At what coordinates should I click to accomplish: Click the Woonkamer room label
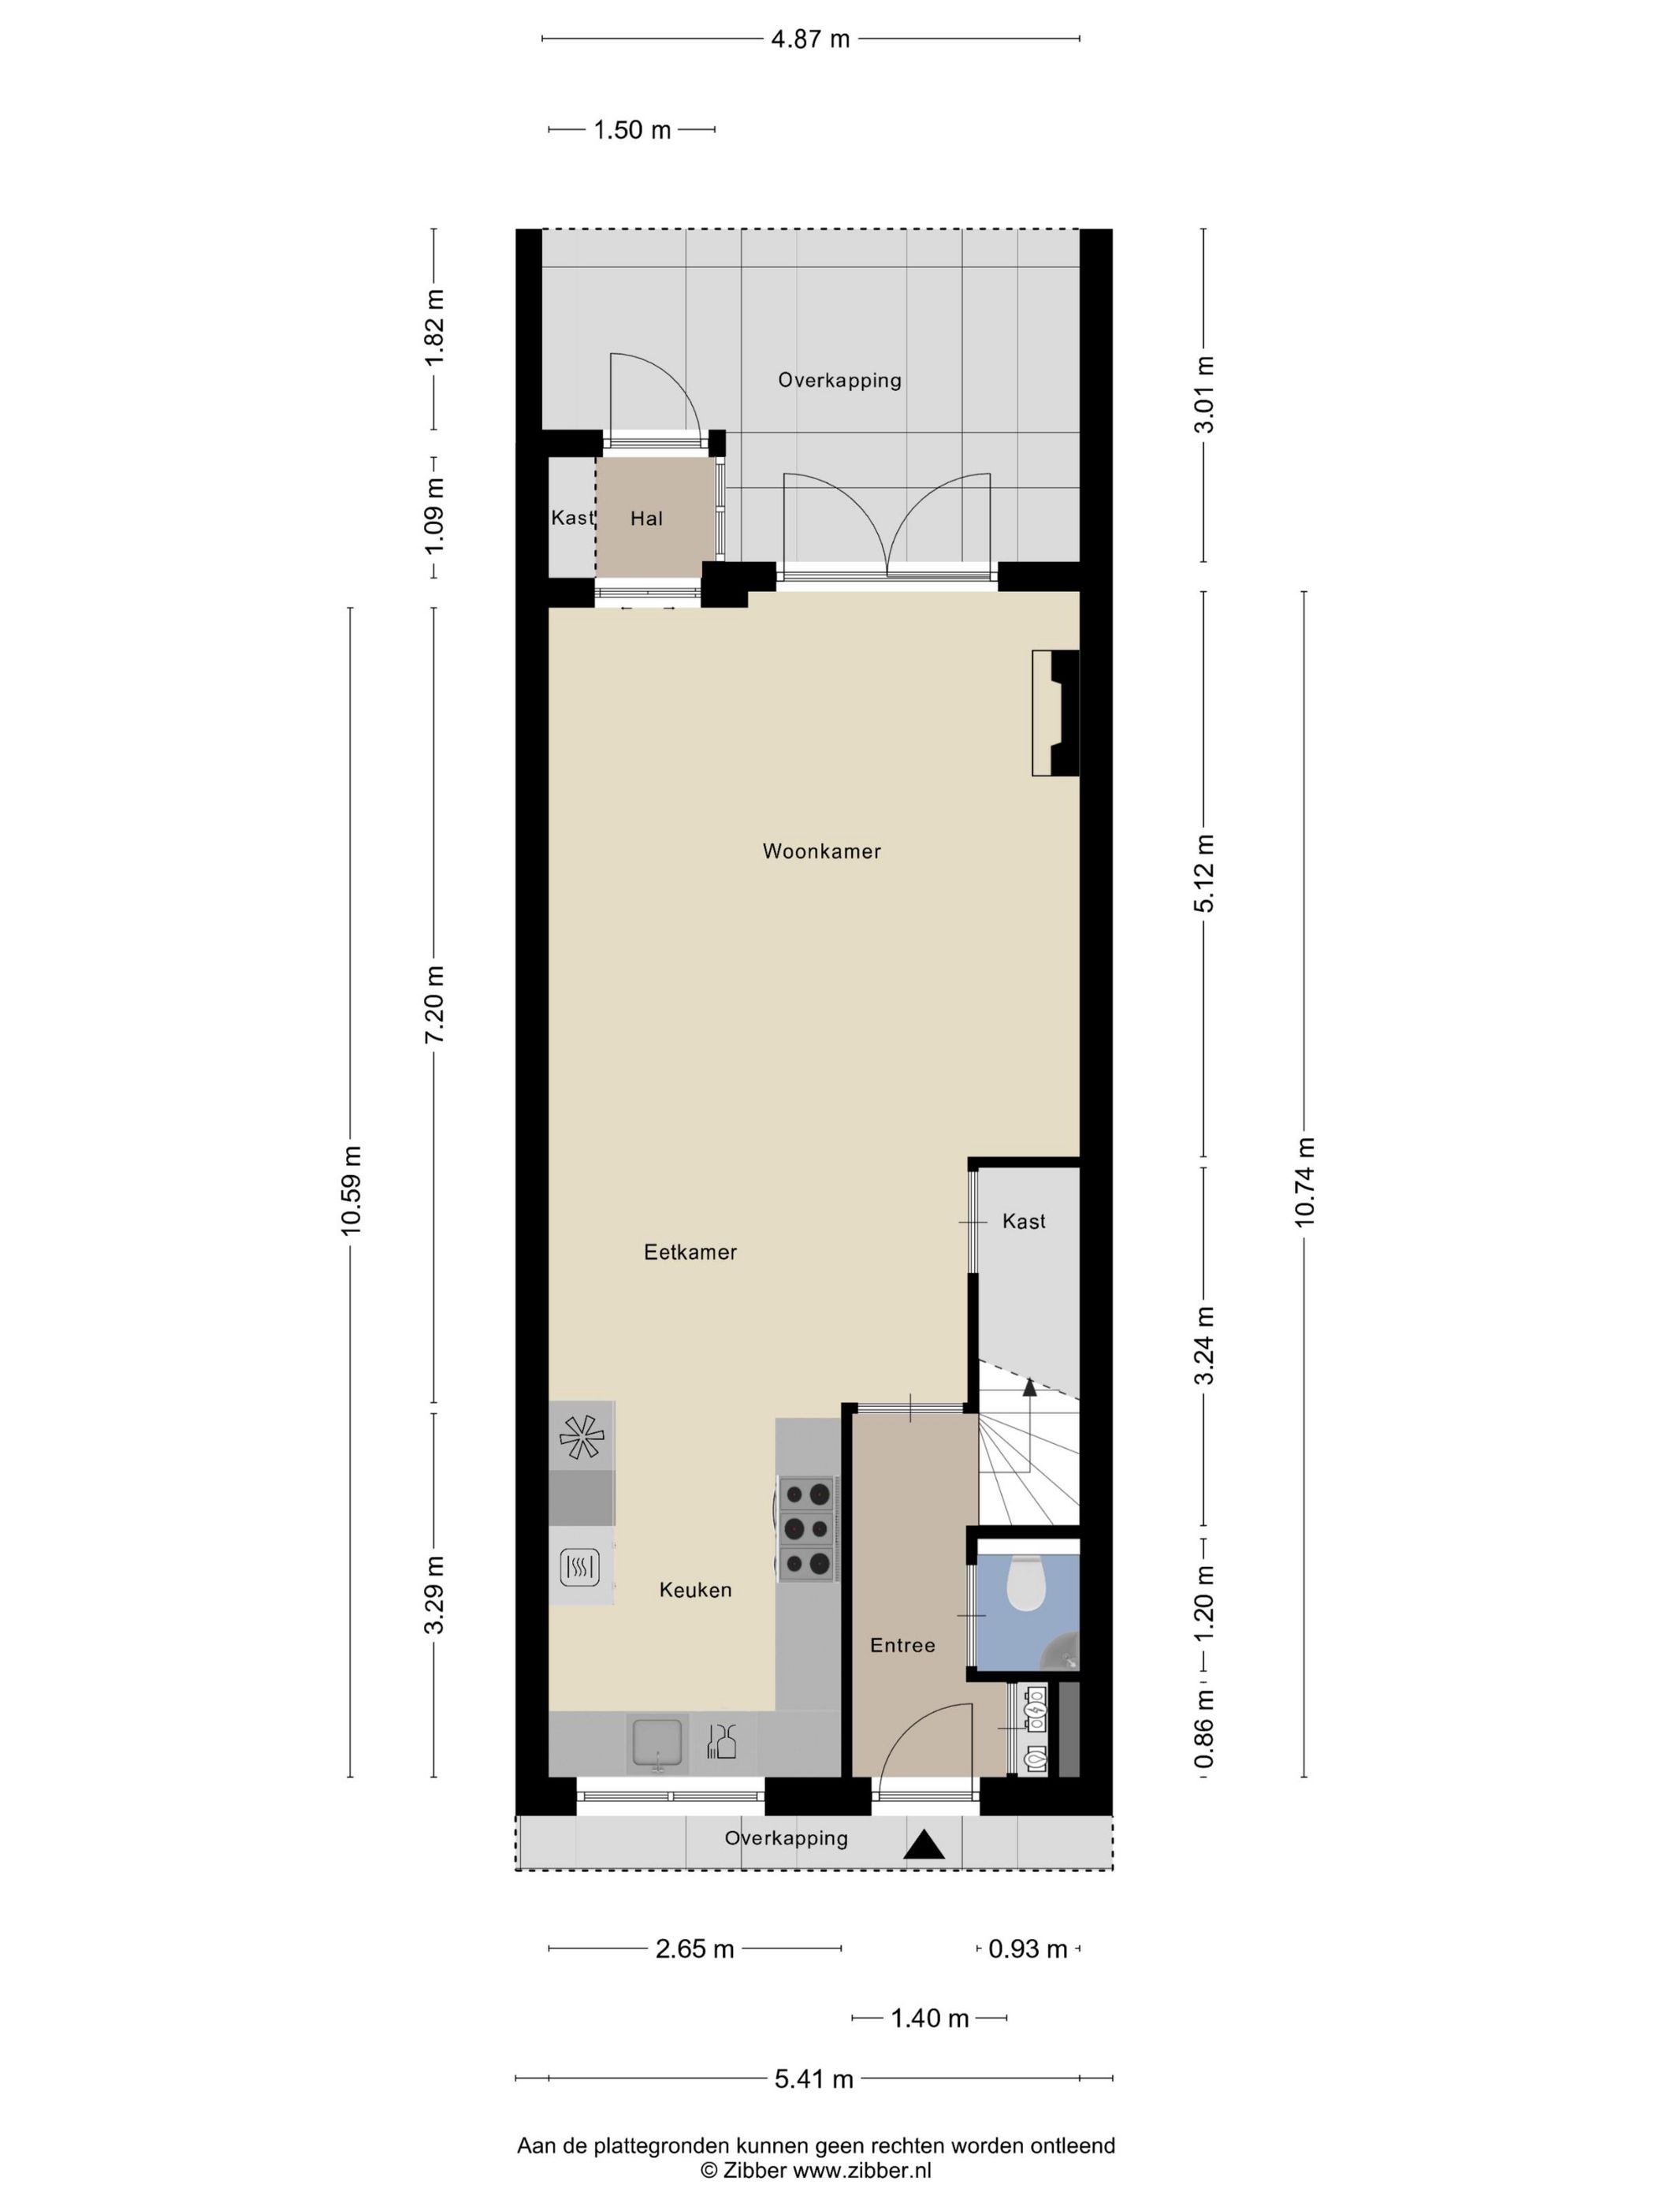pyautogui.click(x=821, y=851)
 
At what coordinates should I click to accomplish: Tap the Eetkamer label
pyautogui.click(x=690, y=1252)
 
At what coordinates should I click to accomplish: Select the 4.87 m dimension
pyautogui.click(x=810, y=39)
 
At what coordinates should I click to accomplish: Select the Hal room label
pyautogui.click(x=646, y=519)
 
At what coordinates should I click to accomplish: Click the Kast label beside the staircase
pyautogui.click(x=1024, y=1221)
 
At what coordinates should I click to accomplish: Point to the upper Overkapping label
pyautogui.click(x=839, y=380)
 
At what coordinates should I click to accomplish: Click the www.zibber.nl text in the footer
pyautogui.click(x=862, y=2170)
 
